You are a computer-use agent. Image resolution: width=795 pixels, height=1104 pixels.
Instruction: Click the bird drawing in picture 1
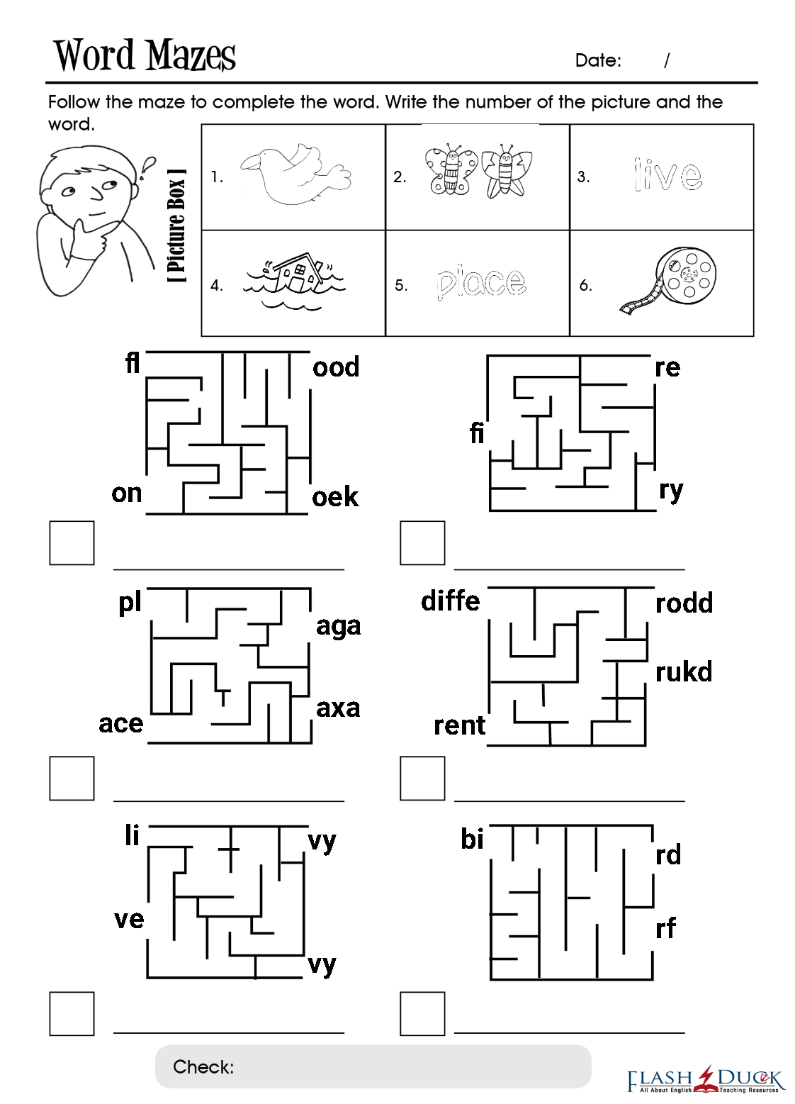pyautogui.click(x=295, y=174)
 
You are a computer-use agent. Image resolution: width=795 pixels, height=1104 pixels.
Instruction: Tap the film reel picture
pyautogui.click(x=667, y=281)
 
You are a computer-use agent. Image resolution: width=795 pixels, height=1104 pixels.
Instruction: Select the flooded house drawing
pyautogui.click(x=294, y=282)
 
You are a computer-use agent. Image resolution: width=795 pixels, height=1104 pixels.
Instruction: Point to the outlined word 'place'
pyautogui.click(x=481, y=284)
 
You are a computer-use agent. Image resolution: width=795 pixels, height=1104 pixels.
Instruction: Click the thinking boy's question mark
pyautogui.click(x=147, y=167)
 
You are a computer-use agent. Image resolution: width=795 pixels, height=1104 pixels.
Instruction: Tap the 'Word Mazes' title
pyautogui.click(x=145, y=55)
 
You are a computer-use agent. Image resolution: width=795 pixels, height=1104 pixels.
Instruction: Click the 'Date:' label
pyautogui.click(x=598, y=60)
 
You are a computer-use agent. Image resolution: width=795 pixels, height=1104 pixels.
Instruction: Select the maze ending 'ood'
pyautogui.click(x=336, y=367)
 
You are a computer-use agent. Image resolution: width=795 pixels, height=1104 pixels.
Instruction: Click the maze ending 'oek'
pyautogui.click(x=335, y=496)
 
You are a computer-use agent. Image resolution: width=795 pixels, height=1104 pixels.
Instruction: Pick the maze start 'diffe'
pyautogui.click(x=450, y=601)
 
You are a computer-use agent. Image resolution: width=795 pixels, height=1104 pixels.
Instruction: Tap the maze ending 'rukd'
pyautogui.click(x=684, y=671)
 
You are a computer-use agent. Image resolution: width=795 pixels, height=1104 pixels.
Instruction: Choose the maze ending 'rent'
pyautogui.click(x=459, y=725)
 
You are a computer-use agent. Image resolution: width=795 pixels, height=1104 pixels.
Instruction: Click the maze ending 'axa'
pyautogui.click(x=338, y=708)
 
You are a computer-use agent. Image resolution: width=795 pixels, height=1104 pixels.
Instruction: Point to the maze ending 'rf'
pyautogui.click(x=666, y=928)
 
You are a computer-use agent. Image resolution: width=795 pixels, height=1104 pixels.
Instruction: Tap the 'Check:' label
pyautogui.click(x=203, y=1067)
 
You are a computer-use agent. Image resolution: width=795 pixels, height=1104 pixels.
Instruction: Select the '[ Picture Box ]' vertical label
pyautogui.click(x=177, y=225)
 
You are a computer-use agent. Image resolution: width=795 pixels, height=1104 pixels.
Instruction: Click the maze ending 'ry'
pyautogui.click(x=672, y=491)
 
